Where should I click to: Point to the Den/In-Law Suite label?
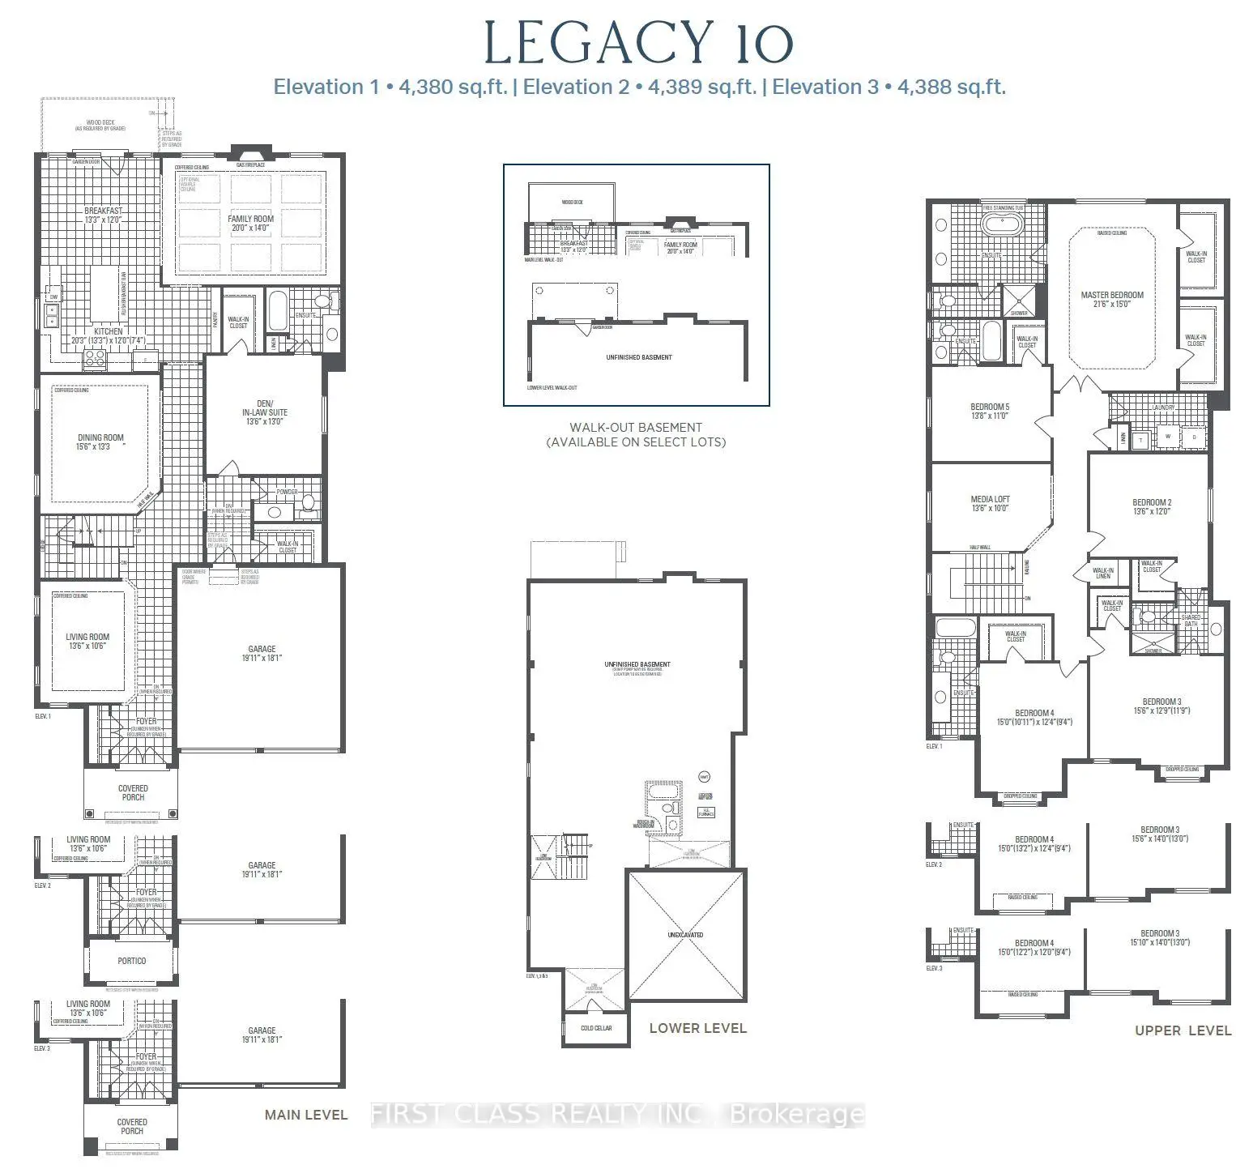pos(265,412)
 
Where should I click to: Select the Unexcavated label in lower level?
pos(685,935)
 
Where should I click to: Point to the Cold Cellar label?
pos(596,1028)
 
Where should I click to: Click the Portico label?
pos(132,961)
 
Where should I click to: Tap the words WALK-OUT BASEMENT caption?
pos(636,428)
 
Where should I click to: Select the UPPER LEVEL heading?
pos(1183,1030)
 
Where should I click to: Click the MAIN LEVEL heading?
pos(306,1115)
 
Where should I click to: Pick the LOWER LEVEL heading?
pos(697,1028)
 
